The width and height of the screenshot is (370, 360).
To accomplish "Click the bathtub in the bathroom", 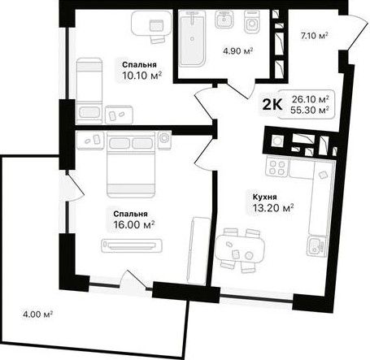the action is tap(192, 38).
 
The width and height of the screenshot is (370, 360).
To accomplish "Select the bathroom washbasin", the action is tap(224, 20).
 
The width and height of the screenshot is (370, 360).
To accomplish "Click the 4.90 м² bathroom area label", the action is tap(237, 51).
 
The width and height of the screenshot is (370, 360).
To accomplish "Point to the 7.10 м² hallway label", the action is tap(314, 36).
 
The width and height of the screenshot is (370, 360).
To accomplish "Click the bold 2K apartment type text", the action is tap(272, 105).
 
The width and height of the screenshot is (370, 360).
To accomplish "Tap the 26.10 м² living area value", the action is tap(311, 99).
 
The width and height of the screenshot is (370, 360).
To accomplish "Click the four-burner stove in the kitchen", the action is tap(277, 167).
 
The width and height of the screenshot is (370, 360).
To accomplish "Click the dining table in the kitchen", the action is tap(240, 249).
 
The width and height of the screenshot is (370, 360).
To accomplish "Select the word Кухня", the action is tap(265, 197).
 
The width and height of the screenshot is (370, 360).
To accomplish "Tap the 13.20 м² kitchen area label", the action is tap(273, 208).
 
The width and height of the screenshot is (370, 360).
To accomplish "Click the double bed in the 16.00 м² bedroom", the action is tap(131, 164).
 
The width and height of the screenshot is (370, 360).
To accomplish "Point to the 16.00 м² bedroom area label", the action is tap(134, 224).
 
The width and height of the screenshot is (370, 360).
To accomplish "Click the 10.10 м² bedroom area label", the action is tap(142, 76).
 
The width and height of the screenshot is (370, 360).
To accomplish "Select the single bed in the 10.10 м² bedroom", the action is tap(89, 91).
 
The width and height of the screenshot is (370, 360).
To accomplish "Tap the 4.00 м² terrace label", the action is tap(37, 314).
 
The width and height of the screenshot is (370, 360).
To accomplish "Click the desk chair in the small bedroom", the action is tap(158, 40).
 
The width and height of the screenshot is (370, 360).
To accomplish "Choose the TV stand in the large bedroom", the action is tap(132, 245).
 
